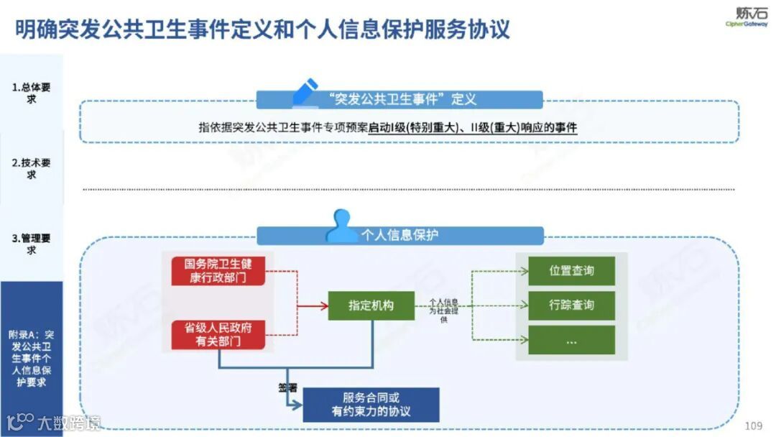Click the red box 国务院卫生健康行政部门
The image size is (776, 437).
click(x=218, y=270)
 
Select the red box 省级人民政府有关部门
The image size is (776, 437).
click(x=218, y=334)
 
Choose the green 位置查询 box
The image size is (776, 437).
click(x=572, y=271)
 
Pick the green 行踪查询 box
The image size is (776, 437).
click(x=572, y=305)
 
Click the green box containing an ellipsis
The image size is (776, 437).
click(x=572, y=340)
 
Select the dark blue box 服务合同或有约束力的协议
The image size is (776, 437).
click(x=371, y=405)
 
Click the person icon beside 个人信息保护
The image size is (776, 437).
click(x=341, y=226)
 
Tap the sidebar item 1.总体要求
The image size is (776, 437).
click(x=31, y=93)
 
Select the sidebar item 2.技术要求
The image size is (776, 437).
click(x=31, y=169)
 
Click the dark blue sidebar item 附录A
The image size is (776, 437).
click(x=31, y=358)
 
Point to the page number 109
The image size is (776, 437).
click(x=754, y=425)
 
